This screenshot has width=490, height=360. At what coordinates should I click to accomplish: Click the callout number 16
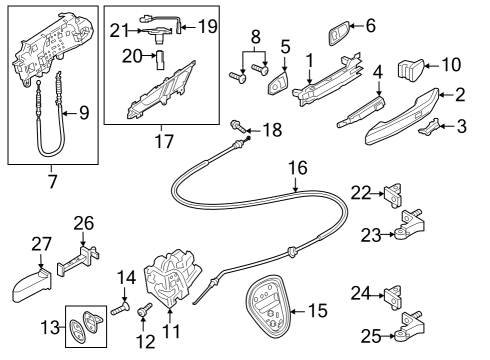pyautogui.click(x=298, y=168)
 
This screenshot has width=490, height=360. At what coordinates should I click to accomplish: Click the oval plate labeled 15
pyautogui.click(x=268, y=305)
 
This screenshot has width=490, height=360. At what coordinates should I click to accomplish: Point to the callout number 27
pyautogui.click(x=41, y=244)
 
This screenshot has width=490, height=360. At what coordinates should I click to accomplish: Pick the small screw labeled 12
pyautogui.click(x=144, y=309)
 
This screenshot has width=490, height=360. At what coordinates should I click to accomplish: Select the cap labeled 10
pyautogui.click(x=410, y=69)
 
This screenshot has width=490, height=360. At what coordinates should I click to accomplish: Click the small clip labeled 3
pyautogui.click(x=430, y=127)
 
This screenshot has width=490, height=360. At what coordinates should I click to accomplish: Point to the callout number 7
pyautogui.click(x=52, y=181)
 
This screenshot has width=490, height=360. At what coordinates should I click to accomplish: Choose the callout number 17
pyautogui.click(x=164, y=141)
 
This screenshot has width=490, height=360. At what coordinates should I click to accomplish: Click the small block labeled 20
pyautogui.click(x=160, y=60)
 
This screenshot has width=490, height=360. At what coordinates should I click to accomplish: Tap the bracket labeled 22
pyautogui.click(x=393, y=195)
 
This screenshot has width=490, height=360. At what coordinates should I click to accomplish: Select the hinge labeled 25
pyautogui.click(x=410, y=327)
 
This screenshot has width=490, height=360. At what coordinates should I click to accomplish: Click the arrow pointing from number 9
pyautogui.click(x=69, y=114)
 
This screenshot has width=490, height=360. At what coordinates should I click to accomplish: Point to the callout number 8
pyautogui.click(x=255, y=37)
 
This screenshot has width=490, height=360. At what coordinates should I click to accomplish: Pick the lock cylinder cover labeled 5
pyautogui.click(x=277, y=83)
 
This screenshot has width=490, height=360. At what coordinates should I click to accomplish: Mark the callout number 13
pyautogui.click(x=50, y=327)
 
